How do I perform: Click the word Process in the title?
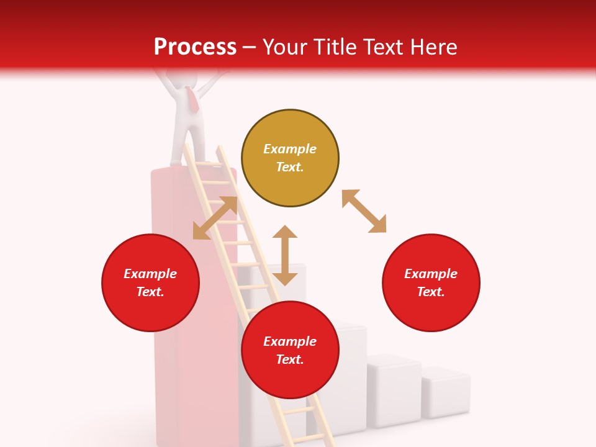[x=195, y=47]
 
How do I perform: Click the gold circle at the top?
[x=290, y=158]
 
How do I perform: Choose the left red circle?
[x=150, y=283]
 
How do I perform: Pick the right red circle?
[x=431, y=283]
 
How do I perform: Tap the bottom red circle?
[x=290, y=350]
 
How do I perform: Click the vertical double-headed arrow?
[x=285, y=255]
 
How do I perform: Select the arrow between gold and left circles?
[x=215, y=218]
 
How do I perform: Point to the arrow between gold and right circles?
[x=364, y=211]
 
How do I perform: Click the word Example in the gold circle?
[x=290, y=149]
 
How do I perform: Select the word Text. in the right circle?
[x=431, y=292]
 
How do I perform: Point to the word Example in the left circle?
[x=150, y=274]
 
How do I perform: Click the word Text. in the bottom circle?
[x=290, y=359]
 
